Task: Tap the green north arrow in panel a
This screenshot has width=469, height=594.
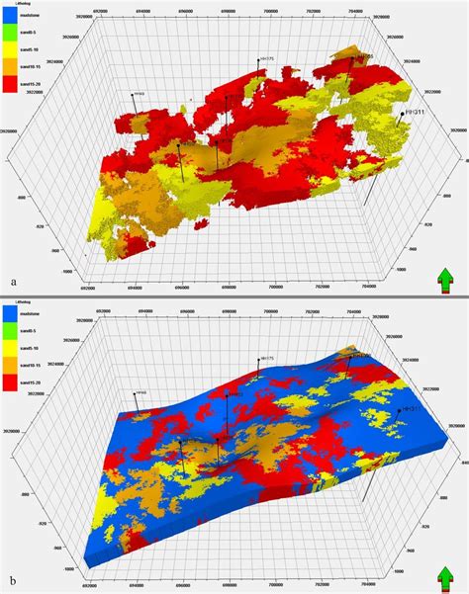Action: click(445, 280)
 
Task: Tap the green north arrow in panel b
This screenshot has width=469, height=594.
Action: click(445, 576)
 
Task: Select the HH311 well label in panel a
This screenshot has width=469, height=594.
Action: click(421, 114)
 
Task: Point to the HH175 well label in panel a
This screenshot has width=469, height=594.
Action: click(269, 59)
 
